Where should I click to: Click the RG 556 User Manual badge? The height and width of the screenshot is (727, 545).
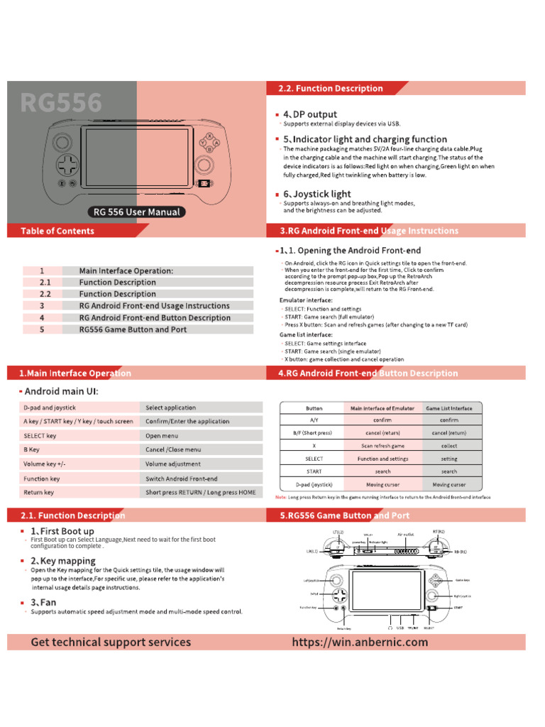137,212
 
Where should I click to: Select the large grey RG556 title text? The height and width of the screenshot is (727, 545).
61,104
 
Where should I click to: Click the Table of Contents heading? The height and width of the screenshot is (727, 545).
57,231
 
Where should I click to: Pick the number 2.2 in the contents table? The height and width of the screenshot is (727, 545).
45,294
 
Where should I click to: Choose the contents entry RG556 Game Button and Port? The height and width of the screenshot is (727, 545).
133,329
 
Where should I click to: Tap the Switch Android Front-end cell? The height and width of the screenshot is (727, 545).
182,479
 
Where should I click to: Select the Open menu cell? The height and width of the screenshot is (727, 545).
163,436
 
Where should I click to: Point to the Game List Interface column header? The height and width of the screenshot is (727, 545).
448,408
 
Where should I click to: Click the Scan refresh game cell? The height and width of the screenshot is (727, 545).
382,446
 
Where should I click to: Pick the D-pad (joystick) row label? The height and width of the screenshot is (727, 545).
314,484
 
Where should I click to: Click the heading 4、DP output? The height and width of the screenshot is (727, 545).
310,114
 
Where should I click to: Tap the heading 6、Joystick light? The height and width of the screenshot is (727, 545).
317,194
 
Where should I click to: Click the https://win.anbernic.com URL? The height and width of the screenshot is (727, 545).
360,642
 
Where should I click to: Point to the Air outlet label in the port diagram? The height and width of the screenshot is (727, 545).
405,534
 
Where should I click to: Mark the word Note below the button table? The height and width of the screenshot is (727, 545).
281,497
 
